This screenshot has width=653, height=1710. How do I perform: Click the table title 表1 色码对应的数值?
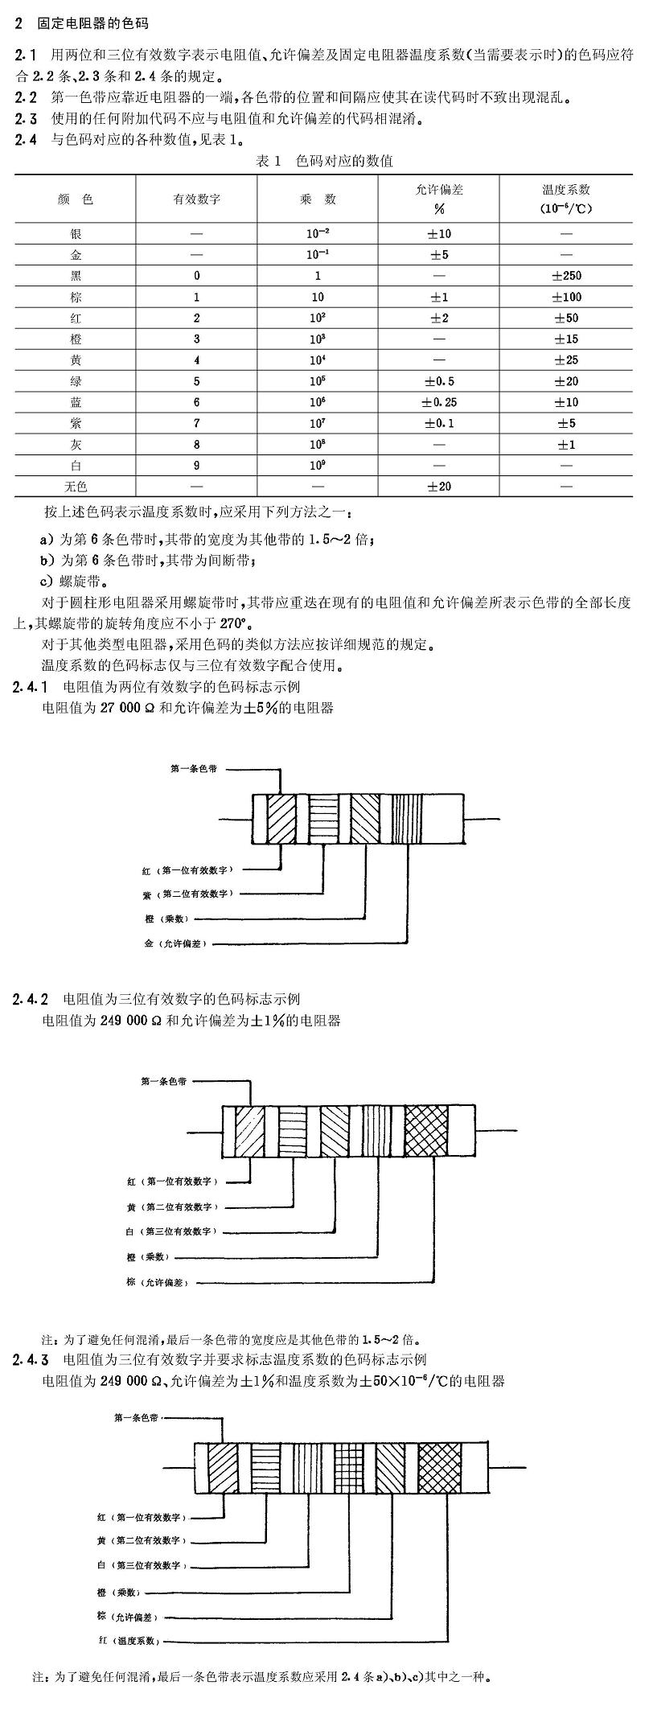tap(324, 161)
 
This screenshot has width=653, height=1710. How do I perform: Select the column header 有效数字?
tap(197, 199)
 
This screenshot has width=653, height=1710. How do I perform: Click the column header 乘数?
tap(318, 199)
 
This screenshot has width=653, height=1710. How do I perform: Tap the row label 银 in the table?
tap(76, 234)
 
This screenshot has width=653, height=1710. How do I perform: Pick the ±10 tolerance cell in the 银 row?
tap(439, 234)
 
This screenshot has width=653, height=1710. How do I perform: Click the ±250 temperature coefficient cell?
tap(566, 276)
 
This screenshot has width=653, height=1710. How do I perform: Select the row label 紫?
tap(76, 423)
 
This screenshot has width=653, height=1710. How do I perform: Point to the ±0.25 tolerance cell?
tap(439, 402)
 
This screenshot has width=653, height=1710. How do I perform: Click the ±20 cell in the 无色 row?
tap(439, 487)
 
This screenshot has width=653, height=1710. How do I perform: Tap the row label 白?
tap(76, 466)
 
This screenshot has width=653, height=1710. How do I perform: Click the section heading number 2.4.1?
tap(31, 686)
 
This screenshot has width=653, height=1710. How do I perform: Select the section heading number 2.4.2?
tap(31, 999)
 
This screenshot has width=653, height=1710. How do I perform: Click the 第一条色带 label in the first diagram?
tap(193, 769)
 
